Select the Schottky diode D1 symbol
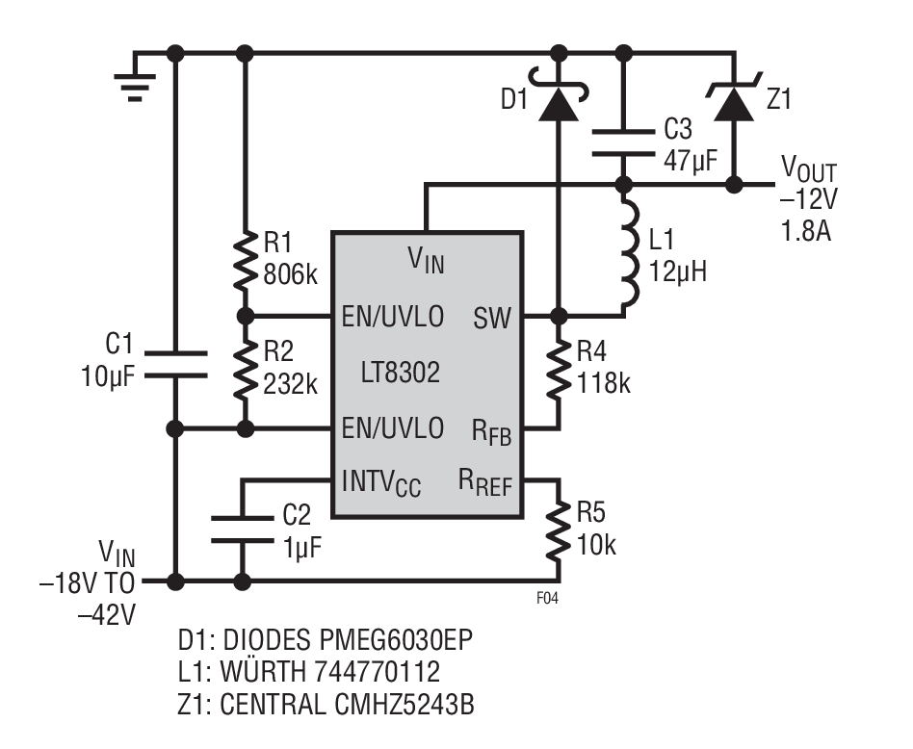(559, 96)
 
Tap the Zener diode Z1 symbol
(734, 98)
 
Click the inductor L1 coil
(629, 253)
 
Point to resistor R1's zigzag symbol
(246, 261)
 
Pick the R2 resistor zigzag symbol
(246, 370)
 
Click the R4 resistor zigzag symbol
(559, 370)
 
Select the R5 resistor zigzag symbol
(559, 530)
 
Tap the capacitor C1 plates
(175, 364)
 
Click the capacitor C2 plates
(243, 529)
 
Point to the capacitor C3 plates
(623, 143)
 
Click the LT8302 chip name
(401, 373)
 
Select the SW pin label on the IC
(492, 319)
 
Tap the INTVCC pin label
(381, 483)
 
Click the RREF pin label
(485, 482)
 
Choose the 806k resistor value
(291, 274)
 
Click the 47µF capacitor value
(691, 160)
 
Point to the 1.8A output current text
(806, 231)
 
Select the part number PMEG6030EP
(396, 639)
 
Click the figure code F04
(547, 598)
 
